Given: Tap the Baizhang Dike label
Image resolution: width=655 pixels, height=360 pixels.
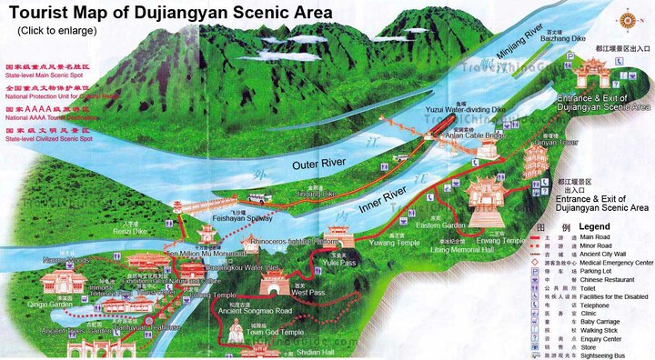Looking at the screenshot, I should [565, 39].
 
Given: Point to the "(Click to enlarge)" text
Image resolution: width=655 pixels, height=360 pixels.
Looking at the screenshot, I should [56, 30].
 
